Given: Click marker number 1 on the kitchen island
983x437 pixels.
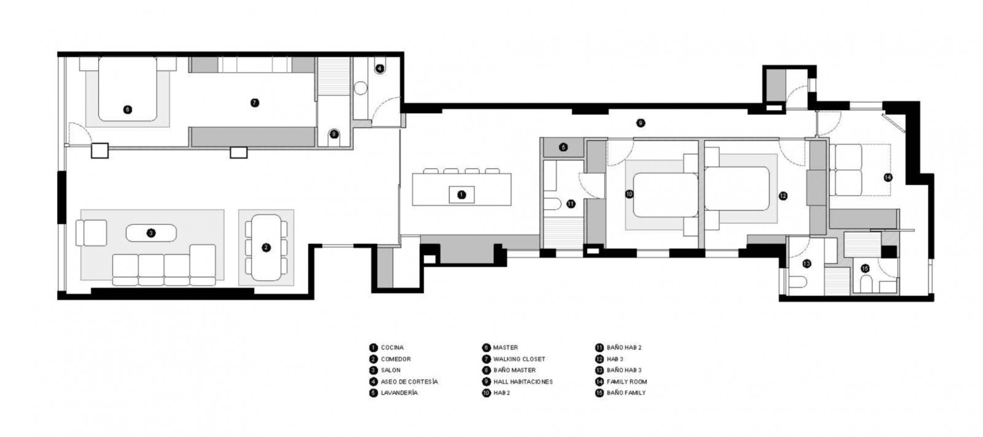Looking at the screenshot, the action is coord(461,195).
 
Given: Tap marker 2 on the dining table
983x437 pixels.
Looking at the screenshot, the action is coord(266,248).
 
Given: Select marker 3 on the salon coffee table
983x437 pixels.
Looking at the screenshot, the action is coord(151,233).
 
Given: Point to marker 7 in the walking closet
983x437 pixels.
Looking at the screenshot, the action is coord(254,103).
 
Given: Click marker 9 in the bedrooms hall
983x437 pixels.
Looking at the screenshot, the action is coord(641,123).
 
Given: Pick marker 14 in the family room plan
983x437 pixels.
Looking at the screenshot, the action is coord(888,178).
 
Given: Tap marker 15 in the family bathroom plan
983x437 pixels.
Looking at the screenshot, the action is coord(865,269).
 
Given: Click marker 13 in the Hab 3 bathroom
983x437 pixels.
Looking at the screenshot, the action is coord(807,264).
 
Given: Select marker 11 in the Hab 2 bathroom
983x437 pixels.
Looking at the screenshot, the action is coord(571,204).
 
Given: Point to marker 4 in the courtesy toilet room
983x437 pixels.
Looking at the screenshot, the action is coord(380,68).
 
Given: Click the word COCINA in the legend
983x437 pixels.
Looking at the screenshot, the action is coord(393,347).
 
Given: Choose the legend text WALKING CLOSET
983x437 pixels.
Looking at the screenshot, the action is coord(519,359).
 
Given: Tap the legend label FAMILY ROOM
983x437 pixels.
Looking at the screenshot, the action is coord(627,382).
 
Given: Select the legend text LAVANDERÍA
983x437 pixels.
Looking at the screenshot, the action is coord(399,393).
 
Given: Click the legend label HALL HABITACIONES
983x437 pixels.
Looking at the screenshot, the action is coord(523,382).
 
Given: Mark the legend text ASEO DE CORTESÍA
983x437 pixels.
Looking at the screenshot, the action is coord(409,382).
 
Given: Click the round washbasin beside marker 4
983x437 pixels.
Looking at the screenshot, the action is coord(360,89).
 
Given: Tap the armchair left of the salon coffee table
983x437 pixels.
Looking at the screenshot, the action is coord(92,233).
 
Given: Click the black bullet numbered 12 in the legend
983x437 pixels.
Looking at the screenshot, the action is coord(600,359).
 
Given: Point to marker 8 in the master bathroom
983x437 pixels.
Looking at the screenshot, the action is coord(334,134).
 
